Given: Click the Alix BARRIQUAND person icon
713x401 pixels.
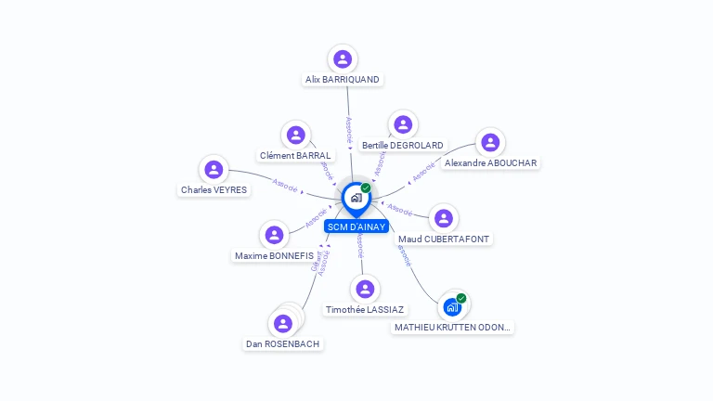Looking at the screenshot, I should click(x=343, y=59).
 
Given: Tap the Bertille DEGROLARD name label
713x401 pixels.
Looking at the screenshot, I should click(x=403, y=145).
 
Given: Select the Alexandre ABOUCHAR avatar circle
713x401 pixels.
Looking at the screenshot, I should click(x=490, y=143).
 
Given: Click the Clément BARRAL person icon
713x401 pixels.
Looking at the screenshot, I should click(x=296, y=136).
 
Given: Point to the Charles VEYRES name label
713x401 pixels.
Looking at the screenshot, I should click(x=214, y=190).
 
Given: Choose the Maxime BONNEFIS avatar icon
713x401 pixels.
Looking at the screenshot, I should click(x=274, y=235).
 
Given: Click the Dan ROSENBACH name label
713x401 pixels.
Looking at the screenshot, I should click(x=283, y=343).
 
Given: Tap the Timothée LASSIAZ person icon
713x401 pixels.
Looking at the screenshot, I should click(x=366, y=290).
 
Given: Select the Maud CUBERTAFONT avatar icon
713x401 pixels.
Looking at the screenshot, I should click(x=444, y=218).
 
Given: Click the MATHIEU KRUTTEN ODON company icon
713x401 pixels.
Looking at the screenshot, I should click(x=452, y=307).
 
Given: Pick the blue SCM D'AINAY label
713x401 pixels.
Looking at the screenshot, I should click(x=356, y=226).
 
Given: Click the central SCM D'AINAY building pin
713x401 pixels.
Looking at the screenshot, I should click(x=356, y=198).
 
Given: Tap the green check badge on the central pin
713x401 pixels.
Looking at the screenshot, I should click(x=366, y=188).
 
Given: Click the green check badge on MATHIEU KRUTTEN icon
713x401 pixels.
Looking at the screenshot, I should click(x=461, y=298).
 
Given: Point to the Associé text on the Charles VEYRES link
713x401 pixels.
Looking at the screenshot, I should click(x=285, y=186).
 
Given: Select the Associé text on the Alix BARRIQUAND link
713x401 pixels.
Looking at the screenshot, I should click(x=349, y=129).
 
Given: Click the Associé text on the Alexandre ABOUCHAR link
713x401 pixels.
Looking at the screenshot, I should click(x=423, y=171).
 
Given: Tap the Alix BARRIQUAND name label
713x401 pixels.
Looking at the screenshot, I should click(x=343, y=80).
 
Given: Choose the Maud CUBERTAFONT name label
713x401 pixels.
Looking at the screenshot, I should click(x=444, y=239).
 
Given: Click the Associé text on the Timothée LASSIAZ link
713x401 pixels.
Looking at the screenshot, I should click(x=360, y=245).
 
